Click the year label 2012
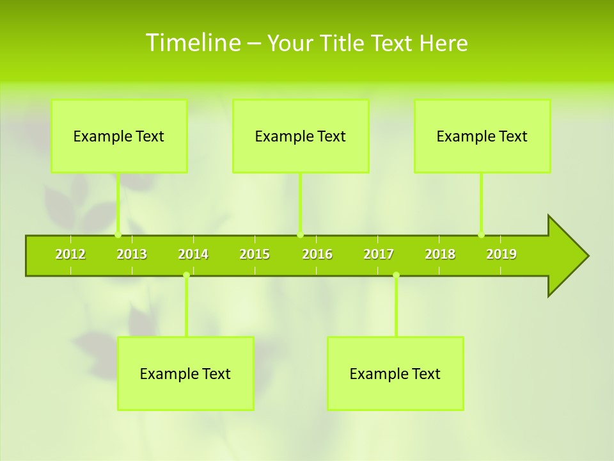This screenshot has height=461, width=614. [70, 254]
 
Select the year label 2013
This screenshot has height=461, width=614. [132, 254]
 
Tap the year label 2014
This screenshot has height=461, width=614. [193, 254]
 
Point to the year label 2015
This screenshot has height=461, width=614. [255, 254]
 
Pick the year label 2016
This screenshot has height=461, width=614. [317, 254]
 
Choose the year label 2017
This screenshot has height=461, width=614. [379, 254]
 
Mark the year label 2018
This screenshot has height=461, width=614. [440, 254]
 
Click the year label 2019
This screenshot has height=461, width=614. [501, 254]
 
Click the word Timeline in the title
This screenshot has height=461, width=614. [192, 43]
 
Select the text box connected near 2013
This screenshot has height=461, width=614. [119, 136]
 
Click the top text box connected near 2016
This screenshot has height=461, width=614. [301, 136]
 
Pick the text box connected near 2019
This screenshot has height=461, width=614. [482, 136]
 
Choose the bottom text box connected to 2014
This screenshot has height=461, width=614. [185, 373]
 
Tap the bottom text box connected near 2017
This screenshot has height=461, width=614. [395, 373]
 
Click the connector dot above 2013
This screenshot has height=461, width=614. [118, 234]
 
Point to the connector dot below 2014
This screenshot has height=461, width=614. [186, 275]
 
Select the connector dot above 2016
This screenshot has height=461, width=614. [300, 234]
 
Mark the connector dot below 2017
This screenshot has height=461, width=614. [396, 275]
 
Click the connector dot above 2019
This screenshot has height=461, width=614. [481, 234]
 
